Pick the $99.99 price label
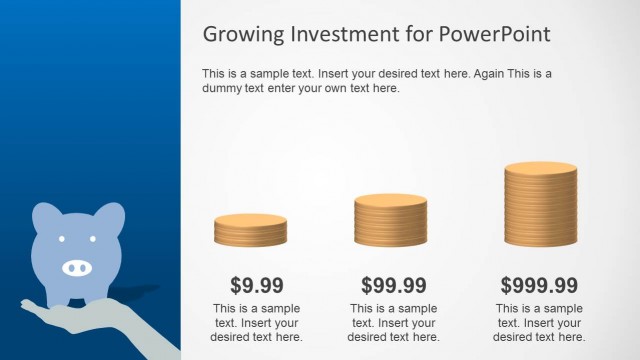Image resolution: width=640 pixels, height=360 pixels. pos(393,285)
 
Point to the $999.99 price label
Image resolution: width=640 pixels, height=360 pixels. pos(539,285)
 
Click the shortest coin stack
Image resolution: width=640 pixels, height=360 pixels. pos(250,230)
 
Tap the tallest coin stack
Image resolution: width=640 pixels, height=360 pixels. pos(540,205)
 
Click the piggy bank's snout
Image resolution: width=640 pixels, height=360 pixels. pos(77,267)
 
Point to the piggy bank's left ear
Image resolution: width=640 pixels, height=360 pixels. pos(46,217)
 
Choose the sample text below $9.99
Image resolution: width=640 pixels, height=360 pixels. pos(257,322)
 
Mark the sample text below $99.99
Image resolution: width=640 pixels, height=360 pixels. pos(393,322)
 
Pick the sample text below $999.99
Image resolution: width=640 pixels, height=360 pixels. pos(539,322)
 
